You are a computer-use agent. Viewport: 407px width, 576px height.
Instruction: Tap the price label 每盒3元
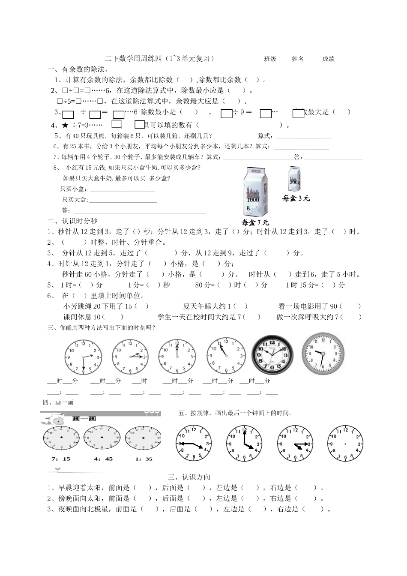click(296, 198)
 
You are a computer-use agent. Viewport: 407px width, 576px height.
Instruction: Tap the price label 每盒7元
click(255, 222)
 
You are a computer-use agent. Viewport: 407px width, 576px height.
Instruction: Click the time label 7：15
click(60, 459)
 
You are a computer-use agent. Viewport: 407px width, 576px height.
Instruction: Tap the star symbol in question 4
click(65, 125)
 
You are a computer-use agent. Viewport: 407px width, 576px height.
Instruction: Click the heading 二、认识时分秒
click(72, 221)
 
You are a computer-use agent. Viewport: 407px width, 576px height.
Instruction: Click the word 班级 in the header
click(270, 59)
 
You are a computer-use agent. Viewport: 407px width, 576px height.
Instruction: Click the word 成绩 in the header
click(329, 59)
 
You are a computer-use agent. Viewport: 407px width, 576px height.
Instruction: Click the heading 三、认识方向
click(189, 477)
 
